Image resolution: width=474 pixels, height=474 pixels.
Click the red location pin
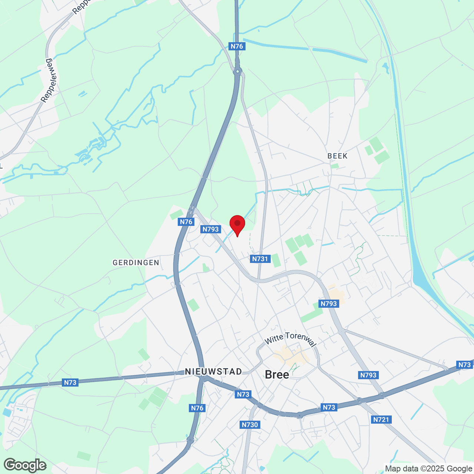[x=237, y=224]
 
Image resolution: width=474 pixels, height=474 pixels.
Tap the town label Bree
[x=277, y=374]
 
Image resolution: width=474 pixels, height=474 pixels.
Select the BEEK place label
[x=337, y=156]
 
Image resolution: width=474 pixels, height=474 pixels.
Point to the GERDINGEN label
[x=136, y=263]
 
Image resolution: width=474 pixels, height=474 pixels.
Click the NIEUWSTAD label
[x=213, y=371]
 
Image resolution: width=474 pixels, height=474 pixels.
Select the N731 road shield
[x=260, y=259]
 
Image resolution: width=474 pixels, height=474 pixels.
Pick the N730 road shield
[x=250, y=425]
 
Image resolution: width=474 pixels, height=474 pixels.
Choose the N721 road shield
[x=381, y=420]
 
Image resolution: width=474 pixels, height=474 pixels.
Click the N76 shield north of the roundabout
[x=237, y=46]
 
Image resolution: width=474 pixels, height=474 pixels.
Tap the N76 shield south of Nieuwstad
[x=197, y=408]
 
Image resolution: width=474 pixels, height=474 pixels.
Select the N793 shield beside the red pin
[x=211, y=229]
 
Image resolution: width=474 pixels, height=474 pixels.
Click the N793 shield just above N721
[x=368, y=375]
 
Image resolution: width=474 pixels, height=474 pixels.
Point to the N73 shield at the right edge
[x=464, y=365]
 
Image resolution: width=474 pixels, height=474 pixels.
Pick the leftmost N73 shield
[x=70, y=383]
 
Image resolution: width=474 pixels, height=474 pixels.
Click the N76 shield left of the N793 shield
[x=186, y=222]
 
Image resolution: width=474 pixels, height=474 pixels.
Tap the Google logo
[x=25, y=465]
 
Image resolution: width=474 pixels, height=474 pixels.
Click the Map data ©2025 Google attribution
[x=428, y=469]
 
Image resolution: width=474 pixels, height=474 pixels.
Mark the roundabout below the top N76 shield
[x=238, y=71]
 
